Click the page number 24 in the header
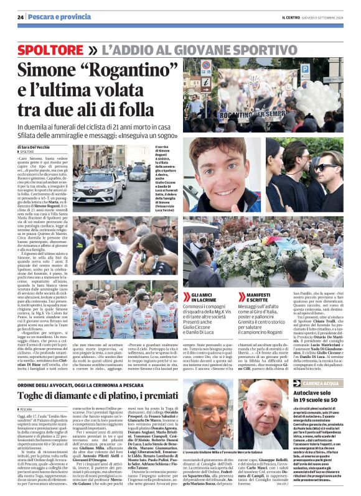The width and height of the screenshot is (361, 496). pyautogui.click(x=21, y=16)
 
